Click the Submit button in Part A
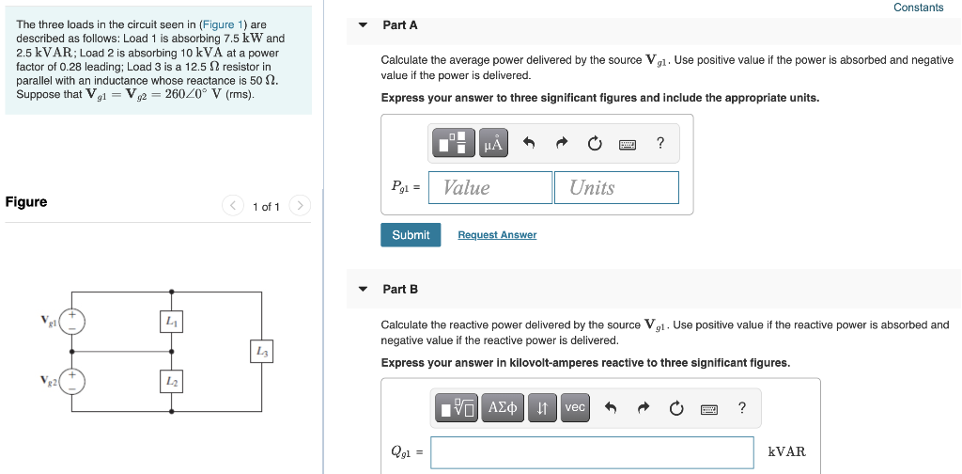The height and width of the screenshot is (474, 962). pyautogui.click(x=411, y=235)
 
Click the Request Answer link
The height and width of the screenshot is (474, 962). pyautogui.click(x=497, y=235)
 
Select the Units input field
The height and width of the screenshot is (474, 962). pyautogui.click(x=616, y=187)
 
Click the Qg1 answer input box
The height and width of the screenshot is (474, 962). pyautogui.click(x=593, y=452)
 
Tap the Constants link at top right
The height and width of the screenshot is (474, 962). pyautogui.click(x=918, y=8)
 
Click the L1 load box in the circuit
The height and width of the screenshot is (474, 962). pyautogui.click(x=170, y=322)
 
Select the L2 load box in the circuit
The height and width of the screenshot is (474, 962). pyautogui.click(x=170, y=381)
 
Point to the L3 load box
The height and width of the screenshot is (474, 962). pyautogui.click(x=261, y=352)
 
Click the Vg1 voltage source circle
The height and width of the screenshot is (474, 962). pyautogui.click(x=73, y=322)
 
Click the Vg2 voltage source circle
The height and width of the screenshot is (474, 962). pyautogui.click(x=73, y=381)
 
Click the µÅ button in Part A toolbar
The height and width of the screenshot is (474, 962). pyautogui.click(x=493, y=143)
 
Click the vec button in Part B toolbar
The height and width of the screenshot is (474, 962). pyautogui.click(x=575, y=407)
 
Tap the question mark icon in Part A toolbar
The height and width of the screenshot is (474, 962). pyautogui.click(x=660, y=143)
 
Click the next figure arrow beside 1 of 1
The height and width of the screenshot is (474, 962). pyautogui.click(x=299, y=205)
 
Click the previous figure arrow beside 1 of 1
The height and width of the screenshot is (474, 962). pyautogui.click(x=233, y=205)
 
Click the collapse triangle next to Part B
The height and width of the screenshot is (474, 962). pyautogui.click(x=364, y=290)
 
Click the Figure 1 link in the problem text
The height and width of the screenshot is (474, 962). pyautogui.click(x=225, y=24)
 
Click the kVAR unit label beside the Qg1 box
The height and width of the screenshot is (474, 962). pyautogui.click(x=786, y=452)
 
